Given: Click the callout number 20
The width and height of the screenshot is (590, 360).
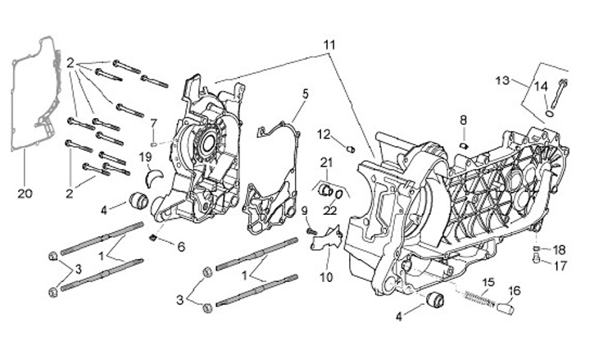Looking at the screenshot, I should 23,194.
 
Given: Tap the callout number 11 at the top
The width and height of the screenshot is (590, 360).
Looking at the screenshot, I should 329,43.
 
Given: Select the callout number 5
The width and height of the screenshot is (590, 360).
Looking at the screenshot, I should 305,93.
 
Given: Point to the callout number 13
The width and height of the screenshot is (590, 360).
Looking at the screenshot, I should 502,80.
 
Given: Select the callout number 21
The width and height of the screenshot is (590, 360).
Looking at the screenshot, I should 326,162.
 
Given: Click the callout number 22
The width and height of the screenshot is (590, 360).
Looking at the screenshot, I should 330,210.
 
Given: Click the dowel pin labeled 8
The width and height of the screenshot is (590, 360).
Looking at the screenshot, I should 464,145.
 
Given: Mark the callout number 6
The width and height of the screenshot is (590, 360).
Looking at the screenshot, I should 181,246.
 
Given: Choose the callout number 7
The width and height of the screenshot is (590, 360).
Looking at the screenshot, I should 152,124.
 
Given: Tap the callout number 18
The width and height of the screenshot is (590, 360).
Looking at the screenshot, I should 560,249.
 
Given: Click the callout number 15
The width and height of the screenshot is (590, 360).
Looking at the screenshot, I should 488,283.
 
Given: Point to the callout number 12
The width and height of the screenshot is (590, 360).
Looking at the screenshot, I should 324,134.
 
